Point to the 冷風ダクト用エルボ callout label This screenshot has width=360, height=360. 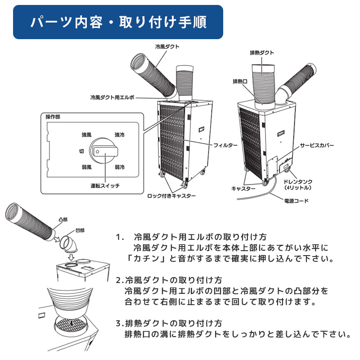coord(112,97)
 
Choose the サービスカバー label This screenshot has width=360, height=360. coord(317,146)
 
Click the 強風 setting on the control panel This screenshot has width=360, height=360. coord(86,135)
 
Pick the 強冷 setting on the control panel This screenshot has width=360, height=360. coord(120,135)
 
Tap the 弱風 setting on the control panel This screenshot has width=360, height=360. coord(86,167)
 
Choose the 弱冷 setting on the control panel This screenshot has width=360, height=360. coord(120,167)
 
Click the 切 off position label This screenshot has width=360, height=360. coord(82,151)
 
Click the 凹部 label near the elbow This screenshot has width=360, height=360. coord(80,230)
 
